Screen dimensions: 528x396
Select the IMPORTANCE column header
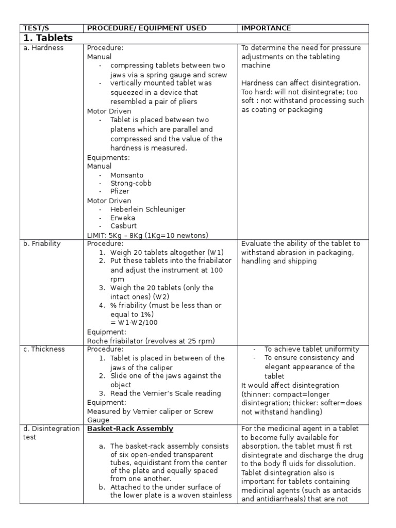pos(266,28)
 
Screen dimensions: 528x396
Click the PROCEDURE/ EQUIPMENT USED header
pos(146,28)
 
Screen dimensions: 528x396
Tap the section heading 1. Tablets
pos(48,38)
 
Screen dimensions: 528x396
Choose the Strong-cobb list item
pos(131,183)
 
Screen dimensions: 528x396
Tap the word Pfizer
pos(120,191)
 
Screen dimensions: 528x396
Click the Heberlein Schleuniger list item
pos(147,209)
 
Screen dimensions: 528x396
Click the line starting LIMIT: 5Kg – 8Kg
pos(147,235)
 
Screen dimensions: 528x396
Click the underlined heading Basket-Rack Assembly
pos(130,429)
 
